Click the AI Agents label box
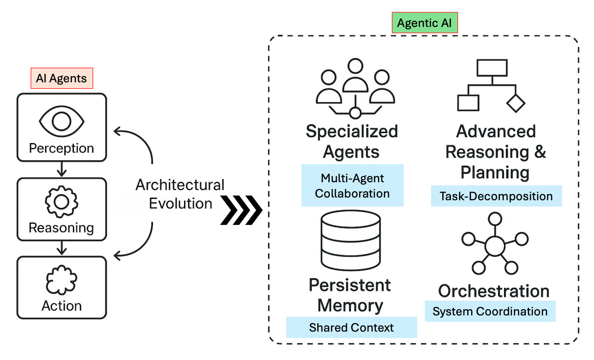62,79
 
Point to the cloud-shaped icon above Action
62,280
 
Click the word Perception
62,148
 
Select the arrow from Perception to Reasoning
62,169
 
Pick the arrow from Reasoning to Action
62,248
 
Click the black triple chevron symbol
242,210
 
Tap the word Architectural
180,185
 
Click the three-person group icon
355,88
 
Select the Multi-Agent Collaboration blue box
352,185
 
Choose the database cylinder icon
351,241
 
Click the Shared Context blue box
351,328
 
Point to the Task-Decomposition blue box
496,196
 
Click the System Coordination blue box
490,311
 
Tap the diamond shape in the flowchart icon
516,103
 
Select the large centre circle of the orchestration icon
495,246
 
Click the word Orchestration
494,291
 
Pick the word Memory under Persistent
351,305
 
